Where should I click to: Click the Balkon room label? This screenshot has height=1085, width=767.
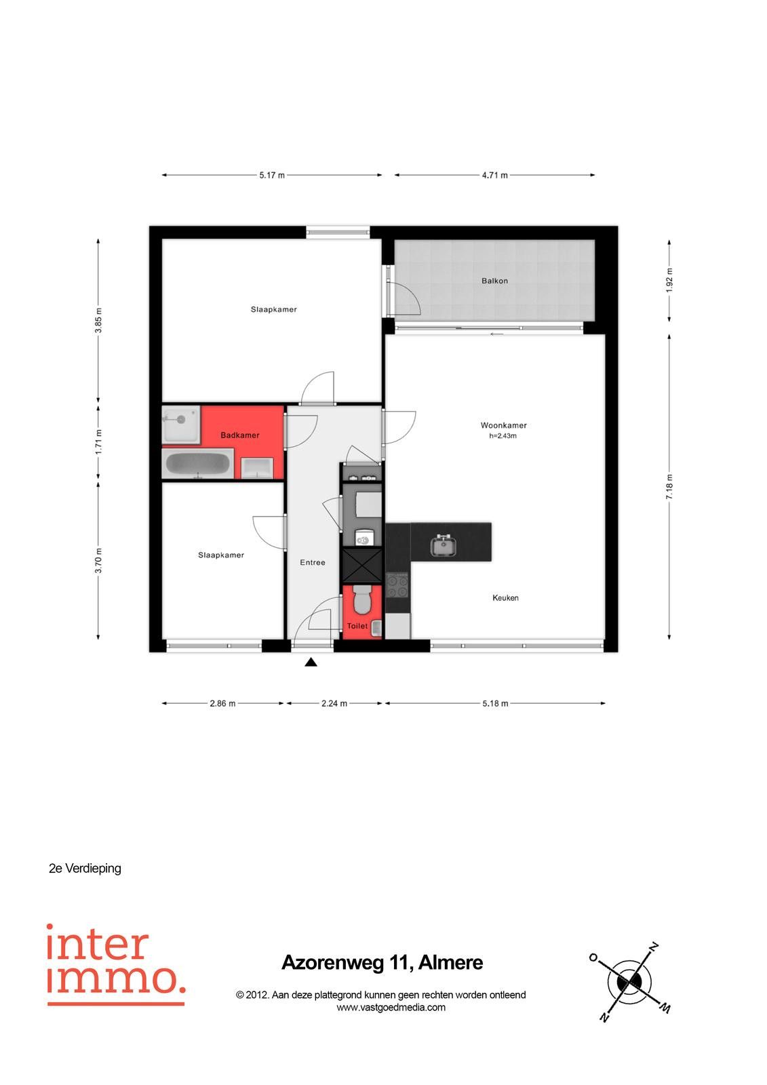[x=494, y=281]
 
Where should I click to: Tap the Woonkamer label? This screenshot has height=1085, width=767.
[x=503, y=425]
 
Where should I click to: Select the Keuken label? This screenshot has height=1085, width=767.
[x=505, y=597]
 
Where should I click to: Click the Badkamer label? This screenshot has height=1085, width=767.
[x=240, y=435]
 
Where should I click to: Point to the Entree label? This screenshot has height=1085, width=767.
[x=312, y=562]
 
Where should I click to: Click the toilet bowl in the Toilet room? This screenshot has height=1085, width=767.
[x=361, y=599]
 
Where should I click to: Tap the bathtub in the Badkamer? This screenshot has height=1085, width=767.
[x=198, y=463]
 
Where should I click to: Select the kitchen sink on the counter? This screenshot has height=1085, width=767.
[x=444, y=545]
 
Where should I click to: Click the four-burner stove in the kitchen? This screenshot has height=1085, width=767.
[x=397, y=585]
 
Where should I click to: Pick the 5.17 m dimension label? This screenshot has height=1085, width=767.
[x=272, y=175]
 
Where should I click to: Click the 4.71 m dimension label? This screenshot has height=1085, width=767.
[x=494, y=175]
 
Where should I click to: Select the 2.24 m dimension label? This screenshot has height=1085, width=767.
[x=334, y=703]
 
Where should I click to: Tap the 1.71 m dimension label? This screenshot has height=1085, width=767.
[x=98, y=441]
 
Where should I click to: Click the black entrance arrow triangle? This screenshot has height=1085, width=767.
[x=311, y=662]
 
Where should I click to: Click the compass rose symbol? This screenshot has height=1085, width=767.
[x=629, y=982]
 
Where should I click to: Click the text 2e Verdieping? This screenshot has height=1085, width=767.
[x=85, y=868]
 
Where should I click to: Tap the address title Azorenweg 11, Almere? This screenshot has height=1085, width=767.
[x=382, y=962]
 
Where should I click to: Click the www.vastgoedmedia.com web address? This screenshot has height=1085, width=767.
[x=391, y=1007]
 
